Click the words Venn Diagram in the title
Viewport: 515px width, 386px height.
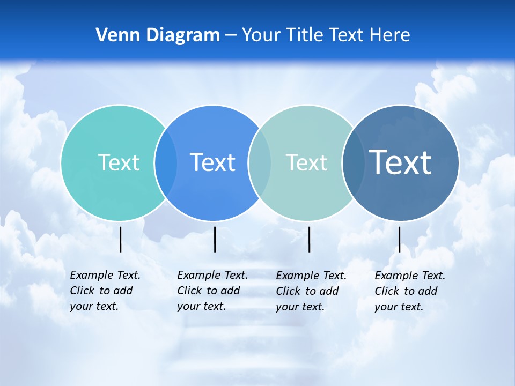tap(158, 35)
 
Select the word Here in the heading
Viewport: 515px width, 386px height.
tap(390, 35)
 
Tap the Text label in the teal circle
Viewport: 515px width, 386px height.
tap(119, 162)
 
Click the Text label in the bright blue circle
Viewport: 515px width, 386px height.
tap(212, 162)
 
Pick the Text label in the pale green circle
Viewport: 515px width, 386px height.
tap(306, 162)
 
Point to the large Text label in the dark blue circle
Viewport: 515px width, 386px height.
tap(401, 162)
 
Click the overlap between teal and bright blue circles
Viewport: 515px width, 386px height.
tap(166, 162)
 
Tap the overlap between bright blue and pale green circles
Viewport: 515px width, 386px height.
tap(260, 162)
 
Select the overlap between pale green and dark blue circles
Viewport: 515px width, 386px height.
tap(354, 162)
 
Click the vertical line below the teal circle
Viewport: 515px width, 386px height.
tap(120, 239)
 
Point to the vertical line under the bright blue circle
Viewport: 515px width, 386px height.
tap(215, 239)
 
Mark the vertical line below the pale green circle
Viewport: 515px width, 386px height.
tap(309, 239)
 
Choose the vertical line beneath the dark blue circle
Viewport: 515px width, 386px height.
tap(399, 239)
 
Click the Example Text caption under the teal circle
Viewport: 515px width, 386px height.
tap(105, 291)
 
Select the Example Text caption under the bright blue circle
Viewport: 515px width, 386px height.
tap(212, 291)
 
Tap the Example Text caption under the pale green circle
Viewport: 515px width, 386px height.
tap(311, 291)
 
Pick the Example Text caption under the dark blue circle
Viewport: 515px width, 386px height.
tap(410, 291)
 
